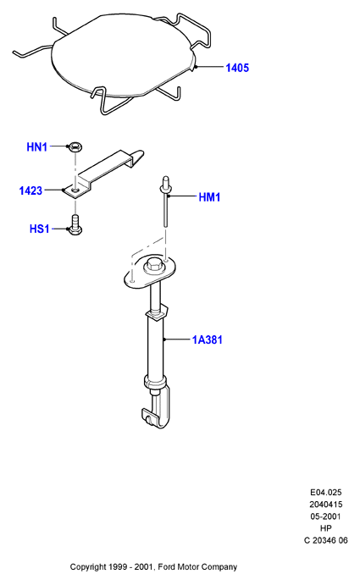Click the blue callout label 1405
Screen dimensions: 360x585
point(237,68)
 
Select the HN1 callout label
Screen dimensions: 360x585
point(37,147)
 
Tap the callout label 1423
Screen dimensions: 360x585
point(30,191)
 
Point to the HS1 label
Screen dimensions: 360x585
point(40,229)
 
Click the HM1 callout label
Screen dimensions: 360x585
point(209,197)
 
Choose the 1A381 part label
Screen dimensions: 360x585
point(208,339)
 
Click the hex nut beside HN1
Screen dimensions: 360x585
point(75,146)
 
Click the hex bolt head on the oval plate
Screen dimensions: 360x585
point(152,266)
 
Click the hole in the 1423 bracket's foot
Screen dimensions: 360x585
point(75,191)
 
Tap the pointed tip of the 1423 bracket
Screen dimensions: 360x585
point(141,152)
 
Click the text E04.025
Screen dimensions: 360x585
point(326,493)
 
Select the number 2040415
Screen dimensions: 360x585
point(326,505)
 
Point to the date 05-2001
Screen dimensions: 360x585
point(326,516)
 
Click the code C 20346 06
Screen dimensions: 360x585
point(326,540)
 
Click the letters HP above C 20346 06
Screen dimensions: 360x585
point(326,528)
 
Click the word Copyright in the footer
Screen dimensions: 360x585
point(88,567)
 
